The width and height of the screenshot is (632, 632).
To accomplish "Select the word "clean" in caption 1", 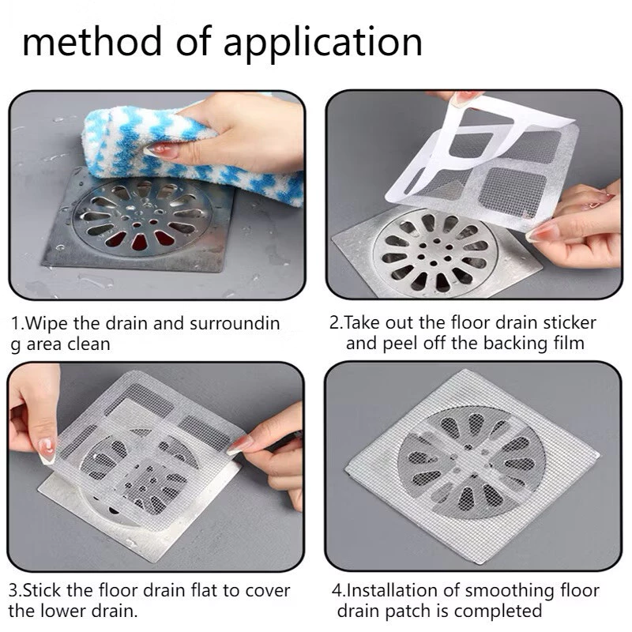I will [87, 344].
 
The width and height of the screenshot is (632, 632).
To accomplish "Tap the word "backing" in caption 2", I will [521, 343].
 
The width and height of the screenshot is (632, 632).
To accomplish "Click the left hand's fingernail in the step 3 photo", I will [46, 450].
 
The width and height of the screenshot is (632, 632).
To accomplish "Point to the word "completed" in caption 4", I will [502, 611].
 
